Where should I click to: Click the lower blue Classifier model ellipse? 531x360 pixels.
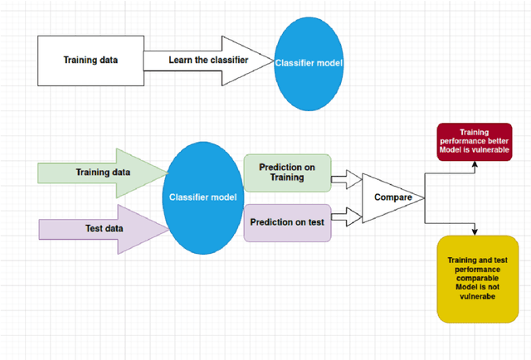coord(204,197)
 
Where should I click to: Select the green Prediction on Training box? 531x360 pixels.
coord(287,173)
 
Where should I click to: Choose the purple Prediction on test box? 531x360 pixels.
coord(287,222)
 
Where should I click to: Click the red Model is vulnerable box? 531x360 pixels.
coord(475,143)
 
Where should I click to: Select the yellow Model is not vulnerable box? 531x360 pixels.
coord(477,278)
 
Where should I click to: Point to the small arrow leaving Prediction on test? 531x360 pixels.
coord(346,217)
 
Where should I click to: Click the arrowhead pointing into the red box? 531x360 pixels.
coord(475,163)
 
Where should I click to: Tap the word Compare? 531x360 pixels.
coord(393,197)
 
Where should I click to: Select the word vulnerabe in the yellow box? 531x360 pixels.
coord(477,295)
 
